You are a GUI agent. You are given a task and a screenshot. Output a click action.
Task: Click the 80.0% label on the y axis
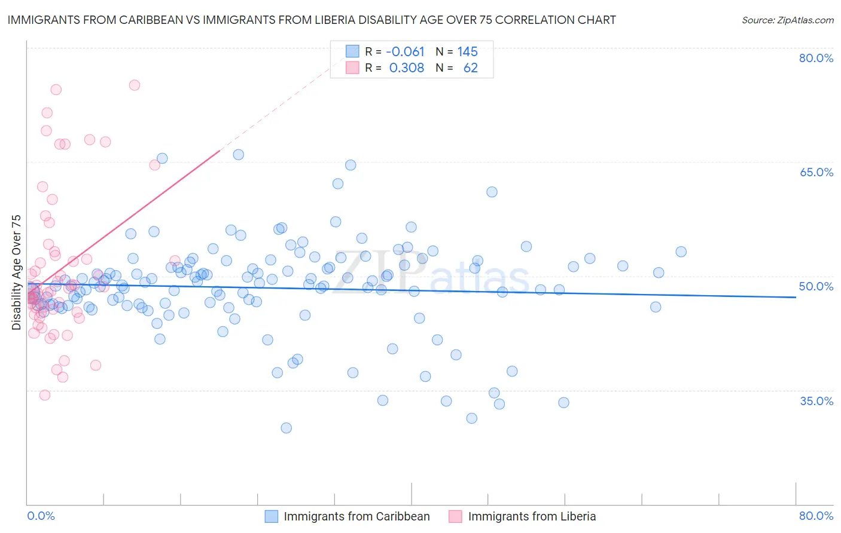click(x=816, y=58)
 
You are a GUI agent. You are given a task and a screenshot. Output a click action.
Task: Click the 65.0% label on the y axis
click(x=816, y=172)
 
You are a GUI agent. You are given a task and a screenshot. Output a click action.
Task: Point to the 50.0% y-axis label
click(x=816, y=286)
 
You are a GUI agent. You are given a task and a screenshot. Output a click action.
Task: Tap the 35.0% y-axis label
click(x=816, y=400)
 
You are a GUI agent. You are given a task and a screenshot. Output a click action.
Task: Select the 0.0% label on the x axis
click(x=41, y=516)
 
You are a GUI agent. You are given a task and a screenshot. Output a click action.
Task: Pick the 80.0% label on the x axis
click(x=816, y=516)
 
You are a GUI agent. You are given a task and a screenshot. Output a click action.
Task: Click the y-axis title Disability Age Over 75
click(x=16, y=272)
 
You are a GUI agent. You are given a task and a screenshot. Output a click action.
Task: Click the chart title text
click(x=311, y=20)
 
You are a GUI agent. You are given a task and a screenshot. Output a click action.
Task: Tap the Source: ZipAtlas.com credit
click(x=787, y=20)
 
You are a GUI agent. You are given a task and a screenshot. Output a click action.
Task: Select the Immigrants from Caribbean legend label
click(x=356, y=516)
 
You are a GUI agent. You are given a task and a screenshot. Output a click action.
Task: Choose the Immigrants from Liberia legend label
click(x=532, y=516)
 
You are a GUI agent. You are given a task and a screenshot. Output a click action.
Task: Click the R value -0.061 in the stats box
click(x=405, y=51)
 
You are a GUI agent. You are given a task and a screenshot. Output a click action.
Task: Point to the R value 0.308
click(x=406, y=68)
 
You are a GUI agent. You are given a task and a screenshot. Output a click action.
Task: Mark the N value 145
click(x=467, y=51)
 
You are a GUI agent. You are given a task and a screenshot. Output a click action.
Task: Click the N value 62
click(x=470, y=68)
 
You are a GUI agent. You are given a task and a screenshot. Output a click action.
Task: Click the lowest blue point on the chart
click(x=286, y=428)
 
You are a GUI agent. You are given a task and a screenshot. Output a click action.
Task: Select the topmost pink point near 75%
click(x=135, y=85)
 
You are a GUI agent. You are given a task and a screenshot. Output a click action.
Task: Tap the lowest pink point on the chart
click(x=44, y=395)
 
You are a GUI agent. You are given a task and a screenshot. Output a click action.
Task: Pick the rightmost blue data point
click(x=681, y=252)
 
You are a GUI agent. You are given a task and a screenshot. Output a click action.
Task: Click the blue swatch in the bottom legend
click(x=272, y=516)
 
